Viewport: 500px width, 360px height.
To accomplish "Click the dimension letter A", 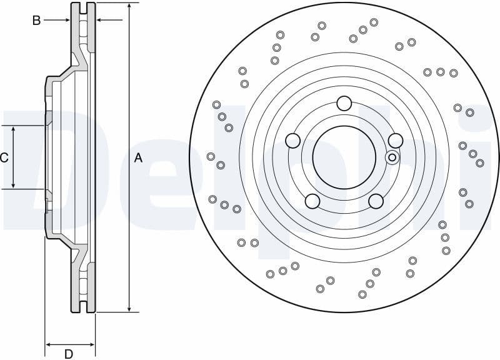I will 138,158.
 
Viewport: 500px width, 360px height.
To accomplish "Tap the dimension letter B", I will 36,21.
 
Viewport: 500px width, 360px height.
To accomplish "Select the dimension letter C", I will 4,157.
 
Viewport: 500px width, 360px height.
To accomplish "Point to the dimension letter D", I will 69,354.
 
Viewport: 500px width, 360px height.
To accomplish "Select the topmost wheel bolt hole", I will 344,103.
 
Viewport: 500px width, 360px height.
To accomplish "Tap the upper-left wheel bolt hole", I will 292,141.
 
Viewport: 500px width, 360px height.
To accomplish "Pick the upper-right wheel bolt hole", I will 395,141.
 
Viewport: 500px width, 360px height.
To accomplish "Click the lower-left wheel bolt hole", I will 312,201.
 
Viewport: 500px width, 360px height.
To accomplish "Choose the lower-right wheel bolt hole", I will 376,201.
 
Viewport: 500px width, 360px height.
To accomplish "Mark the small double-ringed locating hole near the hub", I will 392,157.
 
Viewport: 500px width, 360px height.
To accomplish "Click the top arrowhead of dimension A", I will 129,6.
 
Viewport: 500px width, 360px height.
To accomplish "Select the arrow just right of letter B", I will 66,21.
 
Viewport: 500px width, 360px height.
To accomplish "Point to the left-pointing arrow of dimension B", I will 100,21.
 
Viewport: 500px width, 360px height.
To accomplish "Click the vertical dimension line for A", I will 129,94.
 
